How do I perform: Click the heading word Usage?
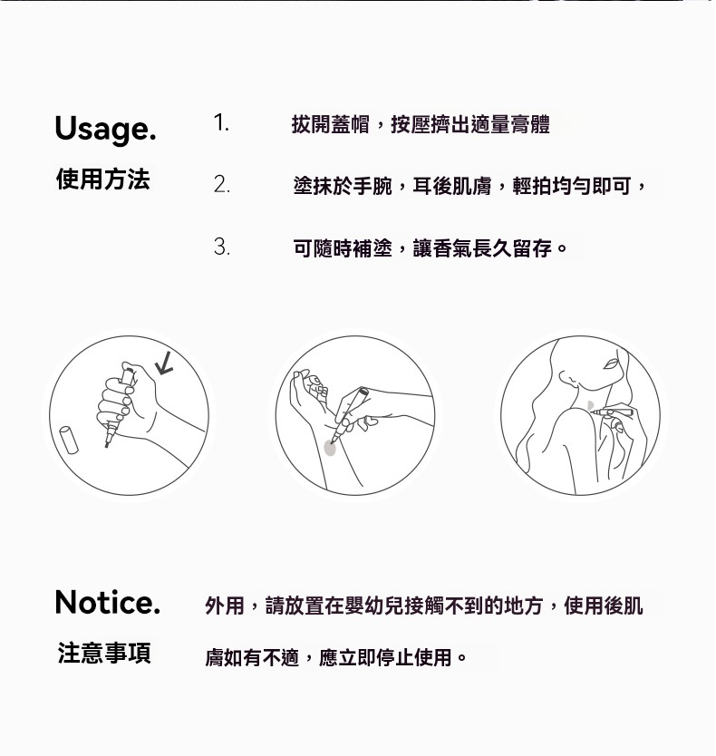pos(105,129)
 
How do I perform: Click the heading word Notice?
pos(107,602)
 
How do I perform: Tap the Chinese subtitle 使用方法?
pos(102,179)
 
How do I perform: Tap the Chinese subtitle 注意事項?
pos(104,653)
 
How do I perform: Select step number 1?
pos(221,122)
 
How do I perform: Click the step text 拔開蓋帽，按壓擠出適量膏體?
pos(421,124)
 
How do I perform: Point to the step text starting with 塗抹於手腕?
pos(469,186)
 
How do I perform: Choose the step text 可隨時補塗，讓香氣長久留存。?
pos(431,247)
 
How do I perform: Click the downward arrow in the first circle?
pos(164,363)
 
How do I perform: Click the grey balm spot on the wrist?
pos(331,445)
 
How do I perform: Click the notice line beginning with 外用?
pos(424,605)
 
